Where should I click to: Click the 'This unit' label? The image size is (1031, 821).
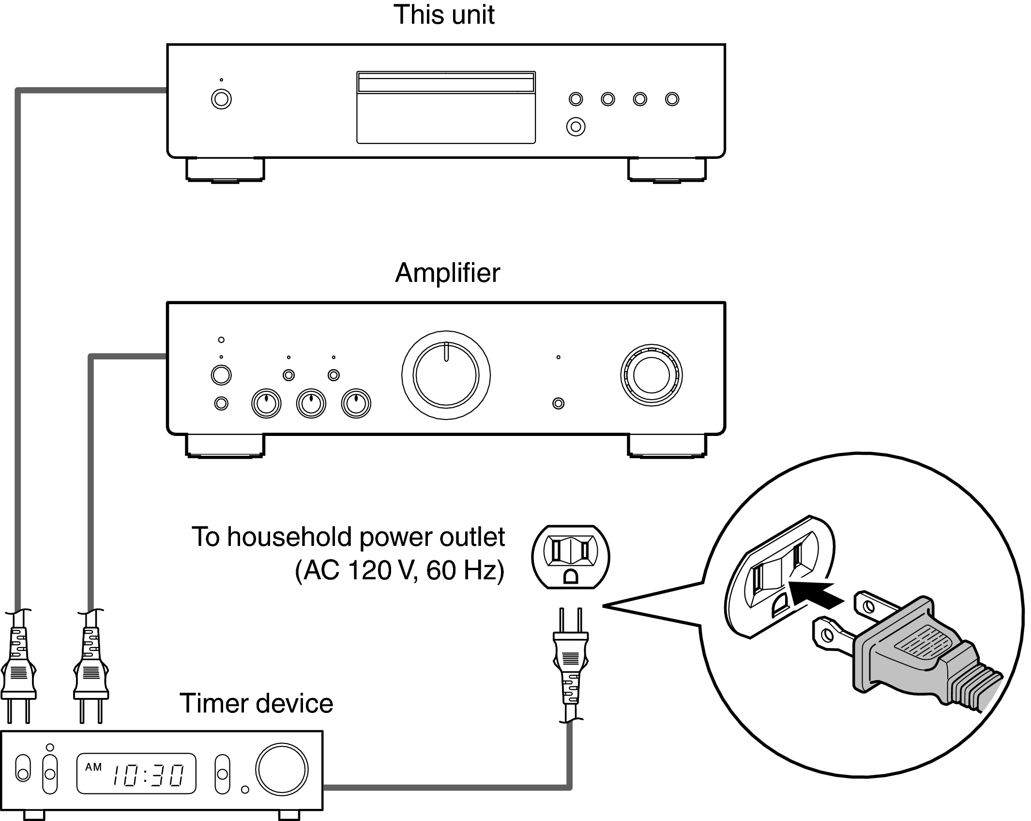tap(444, 15)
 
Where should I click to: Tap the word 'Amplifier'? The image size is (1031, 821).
tap(447, 273)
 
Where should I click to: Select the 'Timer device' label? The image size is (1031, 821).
tap(256, 703)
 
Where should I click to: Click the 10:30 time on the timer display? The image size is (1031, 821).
tap(148, 775)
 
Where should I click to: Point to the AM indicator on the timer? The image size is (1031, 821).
tap(93, 767)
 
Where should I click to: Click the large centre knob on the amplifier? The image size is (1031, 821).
tap(446, 375)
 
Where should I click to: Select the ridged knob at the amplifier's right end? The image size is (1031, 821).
tap(651, 375)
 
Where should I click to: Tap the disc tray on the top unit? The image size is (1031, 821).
tap(446, 108)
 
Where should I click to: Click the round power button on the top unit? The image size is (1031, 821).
tap(221, 99)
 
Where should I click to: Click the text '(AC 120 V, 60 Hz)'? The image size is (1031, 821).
tap(399, 570)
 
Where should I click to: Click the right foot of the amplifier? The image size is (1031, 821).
tap(667, 446)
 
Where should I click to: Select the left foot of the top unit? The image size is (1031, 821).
tap(225, 170)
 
